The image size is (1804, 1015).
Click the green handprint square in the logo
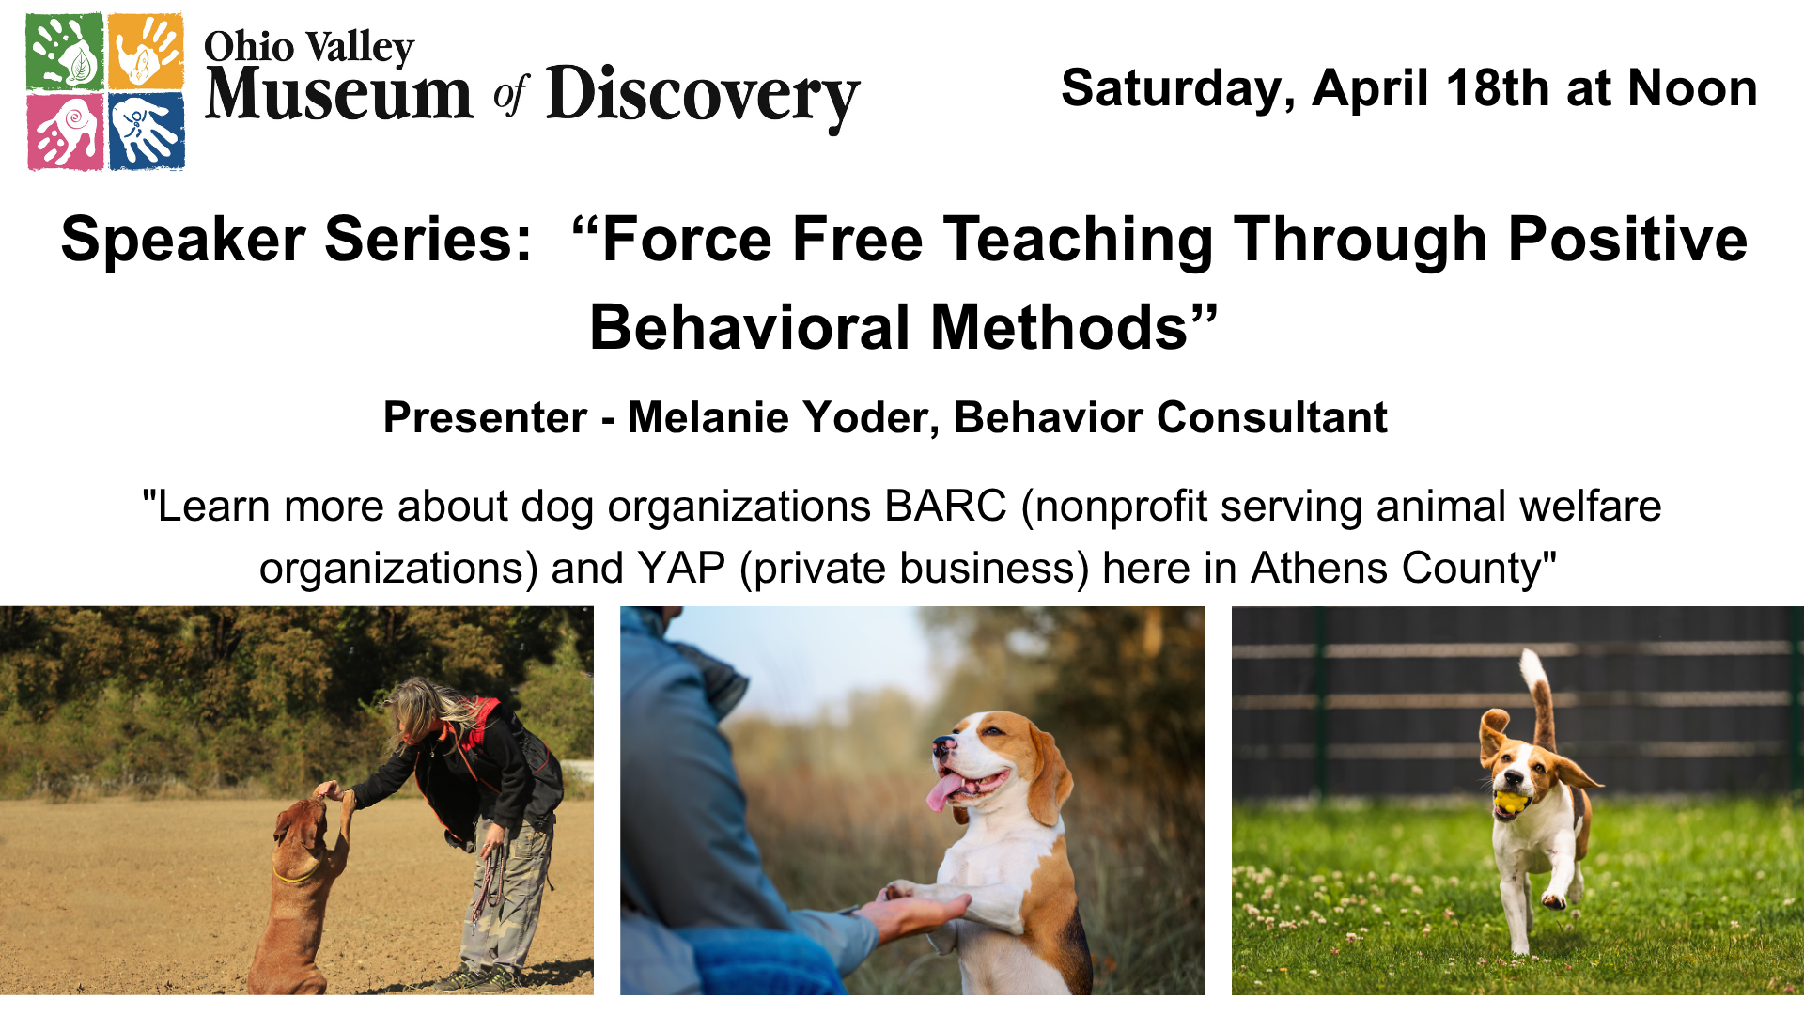[65, 52]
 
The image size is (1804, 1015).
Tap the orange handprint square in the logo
[146, 52]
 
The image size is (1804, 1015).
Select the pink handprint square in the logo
[65, 132]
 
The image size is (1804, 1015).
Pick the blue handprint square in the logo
[147, 132]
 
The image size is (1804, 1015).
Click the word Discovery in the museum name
[703, 98]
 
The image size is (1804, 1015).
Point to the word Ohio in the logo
[249, 46]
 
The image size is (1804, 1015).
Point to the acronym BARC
[945, 507]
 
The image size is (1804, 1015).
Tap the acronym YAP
[681, 569]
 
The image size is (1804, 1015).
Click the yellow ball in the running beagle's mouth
[1508, 802]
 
